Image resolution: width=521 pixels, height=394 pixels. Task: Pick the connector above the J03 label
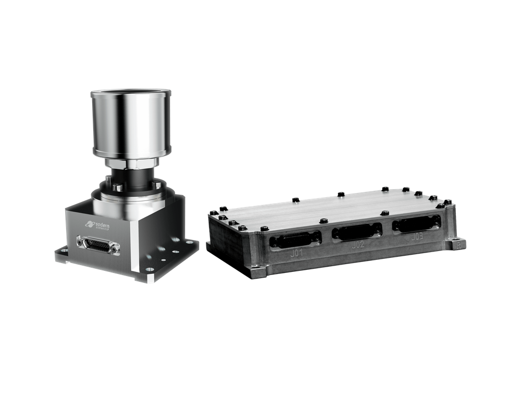(x=416, y=223)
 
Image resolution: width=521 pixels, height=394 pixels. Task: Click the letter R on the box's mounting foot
(x=458, y=243)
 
